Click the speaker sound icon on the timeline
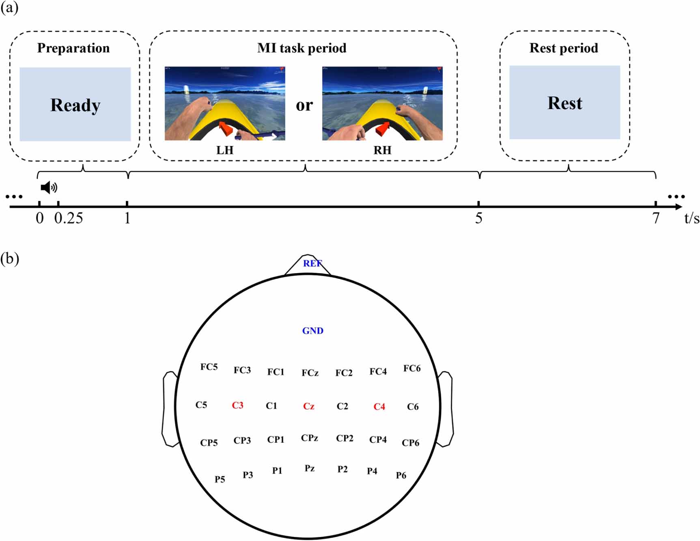tap(49, 188)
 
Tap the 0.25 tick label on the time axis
tap(69, 218)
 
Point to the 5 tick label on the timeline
tap(479, 218)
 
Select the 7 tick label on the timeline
tap(656, 218)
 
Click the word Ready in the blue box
tap(75, 105)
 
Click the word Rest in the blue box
tap(564, 103)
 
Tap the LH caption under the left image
tap(225, 150)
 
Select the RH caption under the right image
tap(382, 150)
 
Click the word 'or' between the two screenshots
tap(304, 105)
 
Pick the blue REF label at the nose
tap(312, 263)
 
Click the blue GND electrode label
tap(312, 331)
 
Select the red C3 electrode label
tap(237, 405)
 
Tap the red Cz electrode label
tap(308, 406)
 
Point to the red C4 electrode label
tap(379, 407)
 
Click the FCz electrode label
tap(310, 373)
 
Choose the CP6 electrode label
tap(410, 443)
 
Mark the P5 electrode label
tap(220, 479)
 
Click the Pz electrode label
tap(309, 468)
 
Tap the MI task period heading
tap(302, 48)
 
